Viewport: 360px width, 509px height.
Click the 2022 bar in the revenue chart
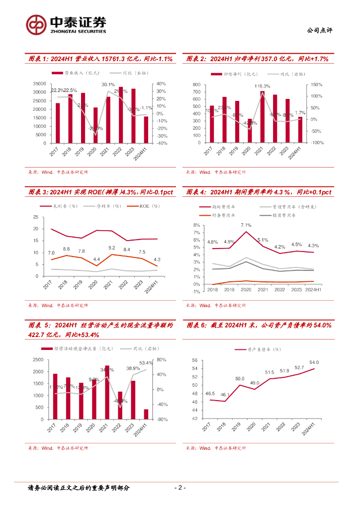click(x=121, y=114)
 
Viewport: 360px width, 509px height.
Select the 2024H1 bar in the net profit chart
click(x=300, y=130)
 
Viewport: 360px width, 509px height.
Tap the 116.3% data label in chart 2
click(x=263, y=86)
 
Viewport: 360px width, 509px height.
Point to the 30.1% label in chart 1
click(x=108, y=85)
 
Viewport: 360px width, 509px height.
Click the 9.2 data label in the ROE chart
click(x=112, y=248)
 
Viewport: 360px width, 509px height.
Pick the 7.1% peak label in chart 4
click(x=246, y=225)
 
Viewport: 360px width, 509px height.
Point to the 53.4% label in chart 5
click(x=146, y=363)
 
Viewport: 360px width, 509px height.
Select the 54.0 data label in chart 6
click(x=314, y=363)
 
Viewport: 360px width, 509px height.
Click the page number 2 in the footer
click(x=180, y=488)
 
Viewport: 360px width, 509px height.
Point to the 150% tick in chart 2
click(x=318, y=85)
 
